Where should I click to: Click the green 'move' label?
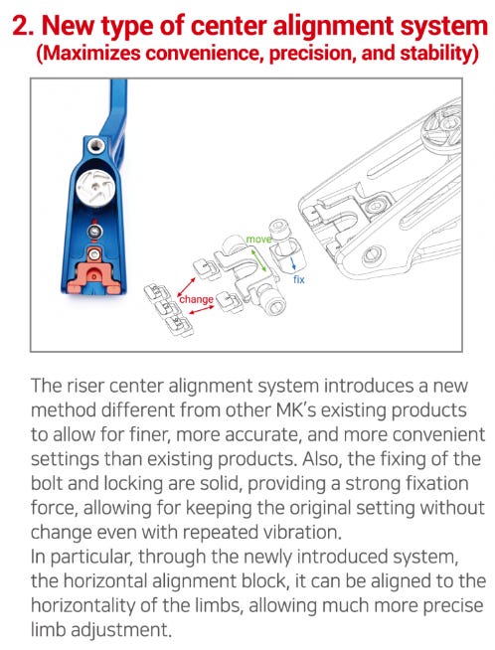tap(258, 240)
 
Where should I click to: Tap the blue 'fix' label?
tap(298, 279)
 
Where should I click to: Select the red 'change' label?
tap(197, 299)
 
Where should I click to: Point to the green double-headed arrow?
tap(259, 260)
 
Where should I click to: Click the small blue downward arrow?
tap(292, 262)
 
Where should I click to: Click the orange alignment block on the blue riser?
tap(94, 276)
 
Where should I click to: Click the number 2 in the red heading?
tap(21, 26)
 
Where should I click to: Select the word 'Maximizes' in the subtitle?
tap(90, 54)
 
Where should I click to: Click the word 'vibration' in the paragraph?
tap(302, 532)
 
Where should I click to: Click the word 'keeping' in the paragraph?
tap(219, 508)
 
